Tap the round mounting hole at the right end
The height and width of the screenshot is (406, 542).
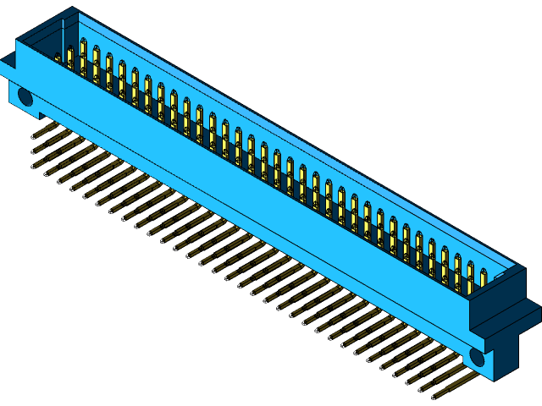pos(478,357)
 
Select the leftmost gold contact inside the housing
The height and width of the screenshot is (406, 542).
pos(70,57)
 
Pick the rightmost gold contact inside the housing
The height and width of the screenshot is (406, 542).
pos(484,278)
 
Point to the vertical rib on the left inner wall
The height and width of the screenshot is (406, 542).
pos(62,38)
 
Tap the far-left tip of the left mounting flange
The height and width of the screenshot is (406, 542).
pos(2,68)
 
